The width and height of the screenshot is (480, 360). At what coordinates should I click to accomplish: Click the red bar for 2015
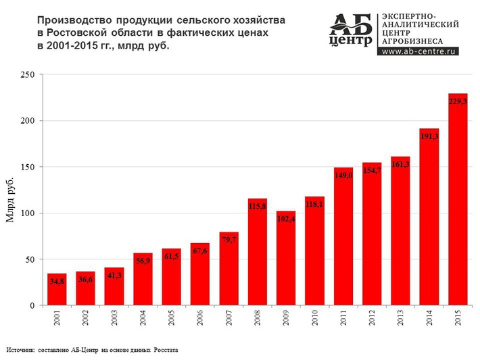tap(458, 203)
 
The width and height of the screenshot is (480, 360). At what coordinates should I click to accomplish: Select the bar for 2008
tap(258, 257)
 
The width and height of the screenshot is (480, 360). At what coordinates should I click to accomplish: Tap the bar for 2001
tap(57, 290)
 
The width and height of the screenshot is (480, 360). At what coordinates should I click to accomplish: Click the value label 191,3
tap(429, 136)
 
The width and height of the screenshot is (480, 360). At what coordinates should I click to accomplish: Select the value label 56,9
tap(143, 260)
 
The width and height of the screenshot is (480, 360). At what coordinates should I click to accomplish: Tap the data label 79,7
tap(229, 239)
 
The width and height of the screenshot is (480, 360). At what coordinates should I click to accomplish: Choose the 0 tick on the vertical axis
tap(31, 306)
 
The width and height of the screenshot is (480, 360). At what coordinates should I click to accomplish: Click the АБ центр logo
tap(352, 30)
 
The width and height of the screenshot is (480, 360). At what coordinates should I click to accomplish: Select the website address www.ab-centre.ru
tap(419, 51)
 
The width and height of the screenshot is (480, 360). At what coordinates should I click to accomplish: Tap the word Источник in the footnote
tap(20, 351)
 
